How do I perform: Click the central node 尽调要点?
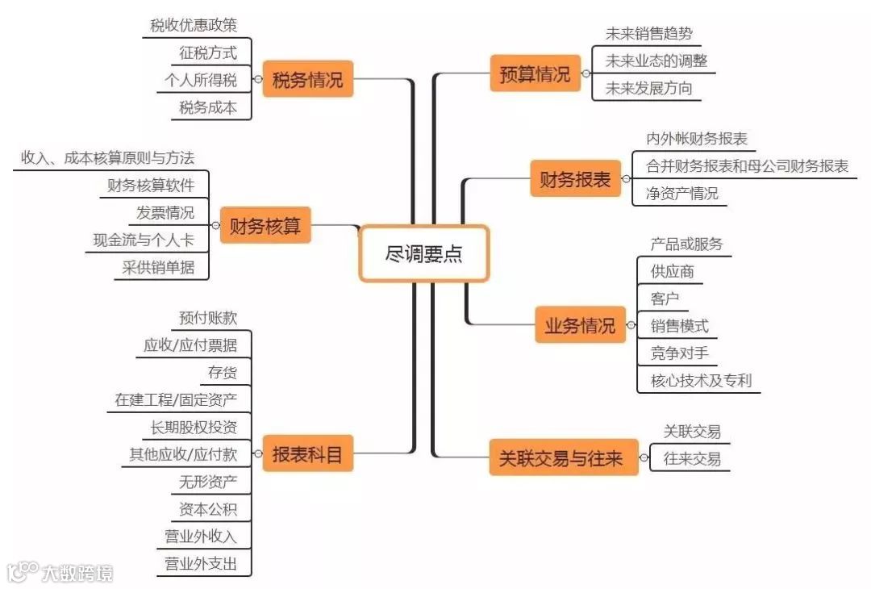423,253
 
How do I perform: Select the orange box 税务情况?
308,80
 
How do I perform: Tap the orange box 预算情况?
535,73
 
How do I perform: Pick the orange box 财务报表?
575,179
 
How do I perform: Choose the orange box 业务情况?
579,326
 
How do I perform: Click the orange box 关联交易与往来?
561,458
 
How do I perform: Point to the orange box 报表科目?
308,454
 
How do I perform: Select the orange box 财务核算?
265,226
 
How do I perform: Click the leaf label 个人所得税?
201,80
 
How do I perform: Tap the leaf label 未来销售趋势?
648,33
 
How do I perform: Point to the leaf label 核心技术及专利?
700,380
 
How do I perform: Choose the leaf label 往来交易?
692,458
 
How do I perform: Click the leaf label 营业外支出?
201,563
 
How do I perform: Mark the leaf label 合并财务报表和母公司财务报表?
747,165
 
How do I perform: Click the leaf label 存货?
222,372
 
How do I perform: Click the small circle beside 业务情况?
630,326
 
